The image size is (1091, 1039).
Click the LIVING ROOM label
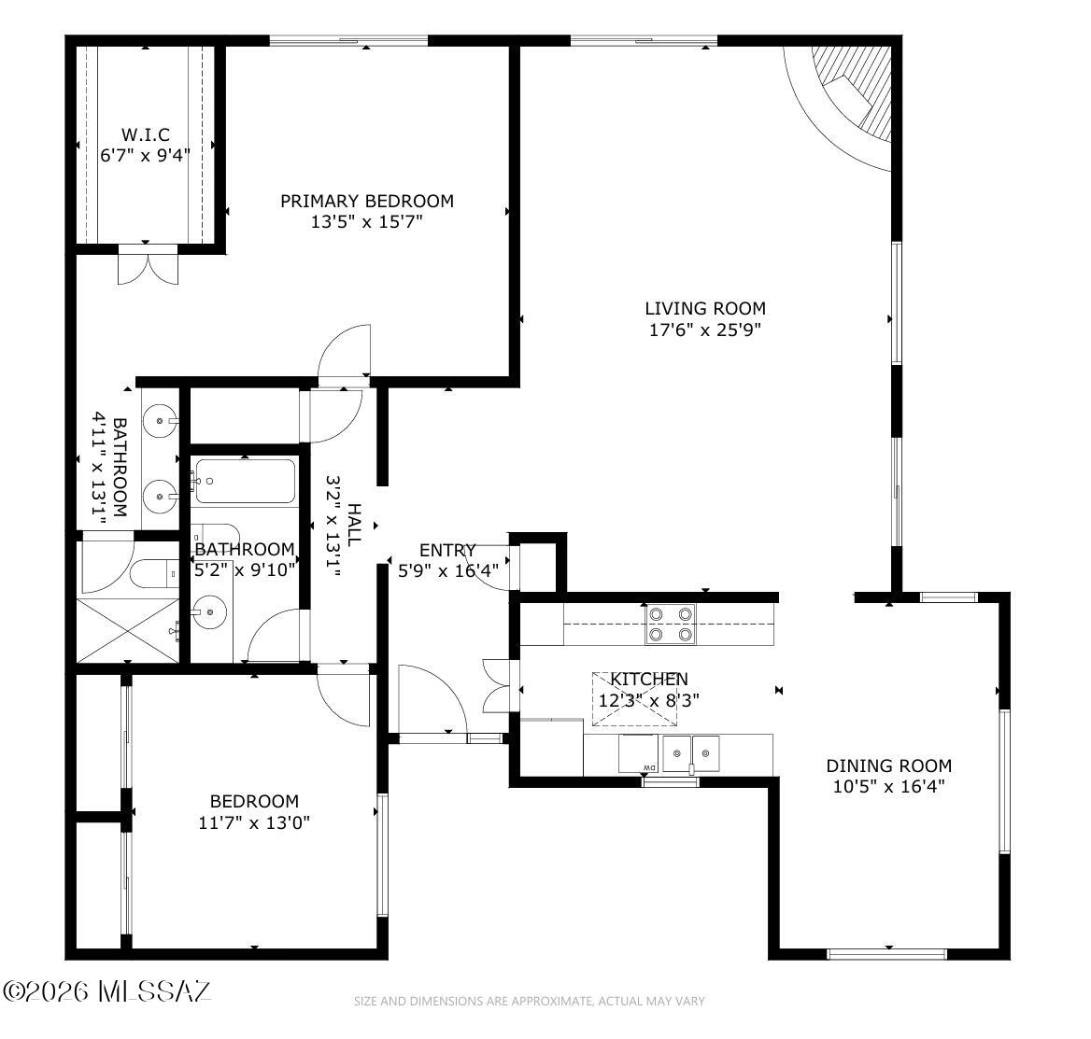705,308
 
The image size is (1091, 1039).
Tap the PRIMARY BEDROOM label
367,201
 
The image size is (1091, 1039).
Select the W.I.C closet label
146,134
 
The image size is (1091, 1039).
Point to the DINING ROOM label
888,765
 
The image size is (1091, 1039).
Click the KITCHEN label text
649,679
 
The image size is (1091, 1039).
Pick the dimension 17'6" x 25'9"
705,330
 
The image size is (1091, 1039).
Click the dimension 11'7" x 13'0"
254,822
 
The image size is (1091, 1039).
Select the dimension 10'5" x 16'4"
888,787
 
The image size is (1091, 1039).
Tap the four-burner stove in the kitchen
670,624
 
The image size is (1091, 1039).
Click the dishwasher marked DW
638,753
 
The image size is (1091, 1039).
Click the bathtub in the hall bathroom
244,481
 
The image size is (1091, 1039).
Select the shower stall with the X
128,629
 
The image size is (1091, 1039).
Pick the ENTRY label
447,550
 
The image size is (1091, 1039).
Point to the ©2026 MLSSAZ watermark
106,991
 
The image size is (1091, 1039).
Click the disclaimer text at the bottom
529,1002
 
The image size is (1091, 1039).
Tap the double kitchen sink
690,753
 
